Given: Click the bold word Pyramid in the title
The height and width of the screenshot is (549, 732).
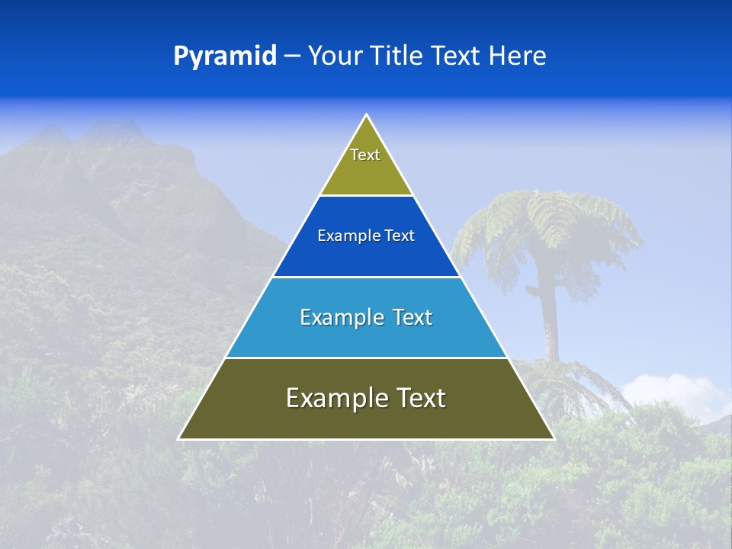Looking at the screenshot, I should point(225,56).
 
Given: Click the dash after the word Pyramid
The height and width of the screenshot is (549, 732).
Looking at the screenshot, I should point(292,56).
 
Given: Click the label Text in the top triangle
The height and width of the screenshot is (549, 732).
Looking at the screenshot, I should point(365,155).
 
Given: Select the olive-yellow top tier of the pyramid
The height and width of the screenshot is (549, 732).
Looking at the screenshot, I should point(366,175).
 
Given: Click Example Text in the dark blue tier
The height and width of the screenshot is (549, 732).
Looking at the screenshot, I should point(366,236).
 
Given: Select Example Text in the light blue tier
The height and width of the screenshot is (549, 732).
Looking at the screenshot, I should point(366,317).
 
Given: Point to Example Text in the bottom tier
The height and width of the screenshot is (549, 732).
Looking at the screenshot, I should point(366,398).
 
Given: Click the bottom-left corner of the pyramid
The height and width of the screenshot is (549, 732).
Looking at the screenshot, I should point(179,438).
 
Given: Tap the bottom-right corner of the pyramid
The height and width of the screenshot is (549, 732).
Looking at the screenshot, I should point(554,438).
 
